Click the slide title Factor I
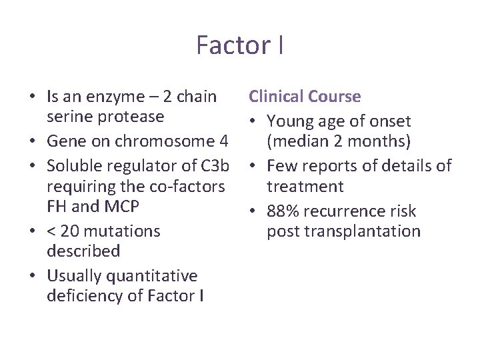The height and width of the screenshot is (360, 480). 240,45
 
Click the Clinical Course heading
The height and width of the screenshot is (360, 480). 305,97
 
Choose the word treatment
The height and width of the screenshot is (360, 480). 305,187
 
